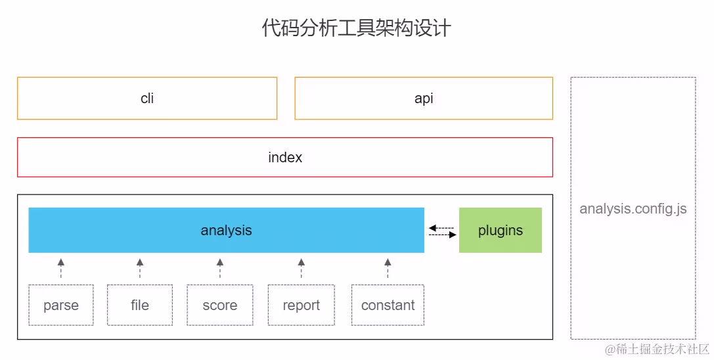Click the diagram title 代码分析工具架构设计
click(x=356, y=29)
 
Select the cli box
click(x=147, y=99)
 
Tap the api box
click(x=424, y=99)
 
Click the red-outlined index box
click(x=285, y=158)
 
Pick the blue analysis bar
click(x=226, y=231)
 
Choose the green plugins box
click(x=501, y=231)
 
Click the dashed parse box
click(x=61, y=305)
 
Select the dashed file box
click(x=140, y=305)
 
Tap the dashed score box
click(x=220, y=305)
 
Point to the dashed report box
click(x=301, y=305)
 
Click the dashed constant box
click(x=388, y=305)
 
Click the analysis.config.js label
click(x=633, y=209)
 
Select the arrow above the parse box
click(x=61, y=268)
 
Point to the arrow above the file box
click(x=140, y=268)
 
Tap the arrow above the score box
click(x=220, y=268)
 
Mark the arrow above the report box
click(x=301, y=268)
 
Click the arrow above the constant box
click(x=388, y=268)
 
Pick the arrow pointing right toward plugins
click(x=443, y=235)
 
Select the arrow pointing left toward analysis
click(x=441, y=228)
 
